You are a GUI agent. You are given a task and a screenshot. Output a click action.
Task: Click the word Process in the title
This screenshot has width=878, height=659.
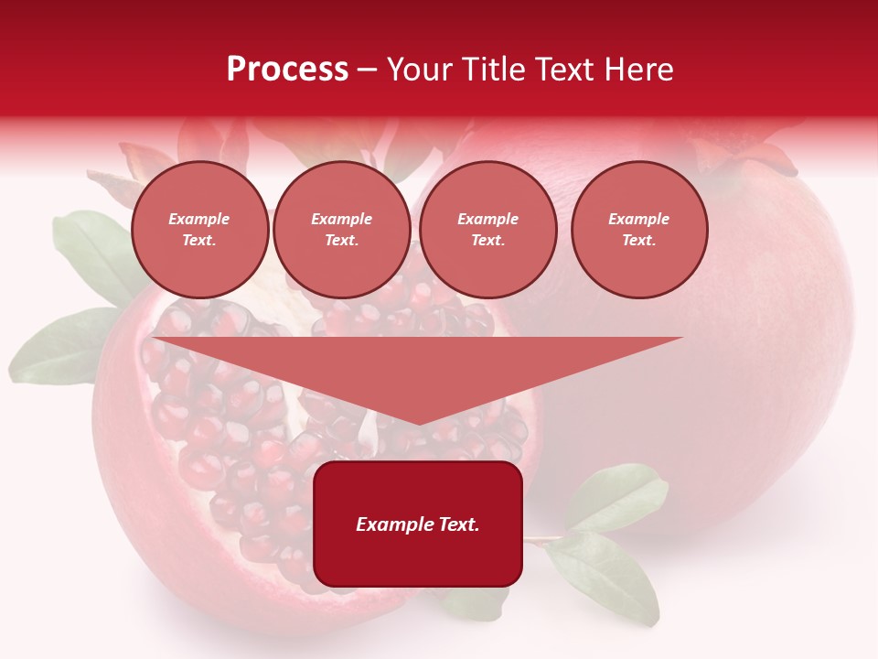(287, 70)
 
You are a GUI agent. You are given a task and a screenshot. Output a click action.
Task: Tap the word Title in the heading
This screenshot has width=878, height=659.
(492, 70)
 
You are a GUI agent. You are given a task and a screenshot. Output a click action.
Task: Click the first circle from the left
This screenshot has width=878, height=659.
(200, 230)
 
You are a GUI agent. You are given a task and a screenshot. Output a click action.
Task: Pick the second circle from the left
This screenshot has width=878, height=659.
(342, 230)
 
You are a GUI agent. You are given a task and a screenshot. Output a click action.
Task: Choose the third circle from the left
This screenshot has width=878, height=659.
(488, 230)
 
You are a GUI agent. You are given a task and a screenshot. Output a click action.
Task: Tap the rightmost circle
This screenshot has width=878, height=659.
(639, 230)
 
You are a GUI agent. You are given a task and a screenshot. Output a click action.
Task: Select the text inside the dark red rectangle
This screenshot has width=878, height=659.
(418, 524)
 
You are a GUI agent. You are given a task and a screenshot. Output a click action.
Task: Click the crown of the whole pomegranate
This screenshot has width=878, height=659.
(741, 156)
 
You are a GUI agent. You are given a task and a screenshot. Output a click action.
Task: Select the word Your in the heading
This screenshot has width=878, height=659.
(417, 70)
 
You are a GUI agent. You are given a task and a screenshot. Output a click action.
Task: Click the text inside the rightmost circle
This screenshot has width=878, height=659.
(639, 230)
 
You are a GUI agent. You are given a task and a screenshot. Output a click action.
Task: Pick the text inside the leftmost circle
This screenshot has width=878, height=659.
(200, 230)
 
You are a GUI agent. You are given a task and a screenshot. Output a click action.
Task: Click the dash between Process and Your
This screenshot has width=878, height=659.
(367, 70)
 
